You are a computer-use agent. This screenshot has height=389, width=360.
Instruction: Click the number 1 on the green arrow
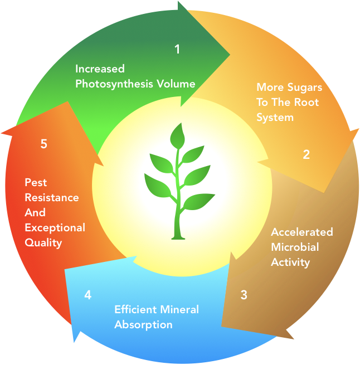point(177,50)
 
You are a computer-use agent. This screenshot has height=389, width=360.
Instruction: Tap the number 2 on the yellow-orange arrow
point(306,155)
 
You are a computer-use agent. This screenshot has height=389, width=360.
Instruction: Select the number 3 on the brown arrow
point(244,295)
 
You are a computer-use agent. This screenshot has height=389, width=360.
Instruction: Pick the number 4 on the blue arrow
point(87,295)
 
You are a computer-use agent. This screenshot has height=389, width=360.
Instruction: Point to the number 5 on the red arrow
point(43,144)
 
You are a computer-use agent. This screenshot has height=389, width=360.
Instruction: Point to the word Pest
point(35,182)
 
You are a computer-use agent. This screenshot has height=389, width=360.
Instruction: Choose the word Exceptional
point(55,227)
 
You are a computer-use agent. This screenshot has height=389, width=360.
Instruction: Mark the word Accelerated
point(301,232)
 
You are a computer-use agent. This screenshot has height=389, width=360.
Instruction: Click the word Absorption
point(143,324)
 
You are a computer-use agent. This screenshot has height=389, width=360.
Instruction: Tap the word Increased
point(100,69)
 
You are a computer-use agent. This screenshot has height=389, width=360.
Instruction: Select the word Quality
point(43,242)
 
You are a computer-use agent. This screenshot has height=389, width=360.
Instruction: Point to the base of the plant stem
point(178,237)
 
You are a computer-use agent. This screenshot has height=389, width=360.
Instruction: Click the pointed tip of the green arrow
point(230,54)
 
